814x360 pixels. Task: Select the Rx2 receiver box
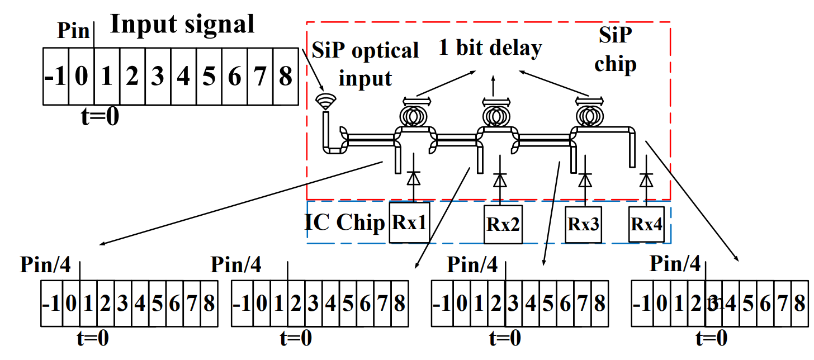point(503,225)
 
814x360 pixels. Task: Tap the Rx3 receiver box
point(584,224)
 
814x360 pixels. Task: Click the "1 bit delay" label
point(490,49)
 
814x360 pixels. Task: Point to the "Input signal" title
point(182,24)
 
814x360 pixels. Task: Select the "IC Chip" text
point(345,222)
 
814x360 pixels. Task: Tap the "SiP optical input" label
point(365,63)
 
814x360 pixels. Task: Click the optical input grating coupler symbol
point(325,101)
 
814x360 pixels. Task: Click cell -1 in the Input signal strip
point(55,76)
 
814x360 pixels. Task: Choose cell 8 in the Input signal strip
point(286,76)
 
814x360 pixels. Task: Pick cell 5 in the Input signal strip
point(209,76)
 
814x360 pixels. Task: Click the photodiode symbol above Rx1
point(413,178)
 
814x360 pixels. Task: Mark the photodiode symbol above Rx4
point(646,180)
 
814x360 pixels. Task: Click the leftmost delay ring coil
point(417,115)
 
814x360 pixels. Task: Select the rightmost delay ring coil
point(589,115)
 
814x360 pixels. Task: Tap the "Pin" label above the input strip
point(73,31)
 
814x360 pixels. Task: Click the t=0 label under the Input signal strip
point(100,117)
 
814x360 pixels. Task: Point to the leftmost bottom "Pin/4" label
point(45,264)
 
